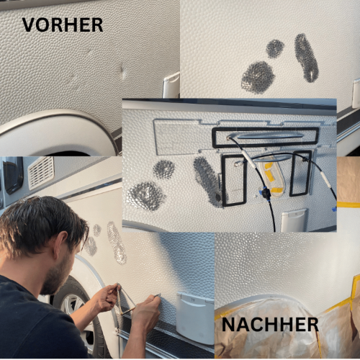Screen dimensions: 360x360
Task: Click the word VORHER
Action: point(63,25)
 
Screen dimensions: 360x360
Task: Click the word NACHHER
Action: point(270,325)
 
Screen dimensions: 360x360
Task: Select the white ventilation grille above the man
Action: point(41,172)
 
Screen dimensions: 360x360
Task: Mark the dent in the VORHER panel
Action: point(122,71)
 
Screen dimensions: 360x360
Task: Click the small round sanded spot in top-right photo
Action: point(275,49)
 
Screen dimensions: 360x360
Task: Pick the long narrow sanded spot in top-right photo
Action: point(306,58)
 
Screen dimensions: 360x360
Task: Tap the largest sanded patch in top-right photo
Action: point(258,77)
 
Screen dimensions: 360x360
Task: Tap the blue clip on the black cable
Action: point(265,192)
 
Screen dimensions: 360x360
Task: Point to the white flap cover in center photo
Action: point(294,220)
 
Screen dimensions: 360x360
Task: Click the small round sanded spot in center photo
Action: point(164,169)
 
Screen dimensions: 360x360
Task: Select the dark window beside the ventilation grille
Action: point(13,175)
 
